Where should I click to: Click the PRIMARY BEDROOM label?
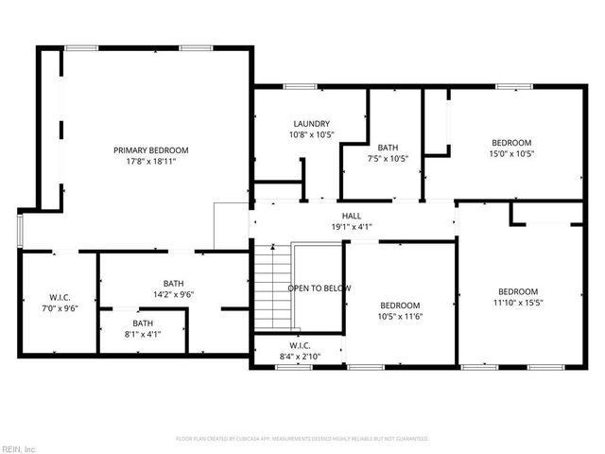pyautogui.click(x=151, y=150)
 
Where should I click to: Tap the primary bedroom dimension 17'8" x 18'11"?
pyautogui.click(x=151, y=162)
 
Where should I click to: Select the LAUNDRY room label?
pyautogui.click(x=312, y=124)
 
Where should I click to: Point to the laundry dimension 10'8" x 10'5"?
pyautogui.click(x=312, y=134)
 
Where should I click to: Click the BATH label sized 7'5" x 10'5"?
pyautogui.click(x=388, y=148)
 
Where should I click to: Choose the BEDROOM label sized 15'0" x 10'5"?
pyautogui.click(x=510, y=142)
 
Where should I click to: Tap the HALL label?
pyautogui.click(x=352, y=216)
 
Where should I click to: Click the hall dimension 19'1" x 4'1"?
pyautogui.click(x=352, y=227)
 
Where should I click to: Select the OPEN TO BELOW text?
pyautogui.click(x=320, y=288)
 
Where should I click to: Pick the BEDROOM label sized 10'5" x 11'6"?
pyautogui.click(x=400, y=305)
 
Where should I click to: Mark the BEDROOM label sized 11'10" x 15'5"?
pyautogui.click(x=518, y=291)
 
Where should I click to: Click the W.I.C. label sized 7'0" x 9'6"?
pyautogui.click(x=60, y=297)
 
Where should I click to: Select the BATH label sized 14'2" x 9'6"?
pyautogui.click(x=173, y=283)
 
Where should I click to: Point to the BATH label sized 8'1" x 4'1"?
pyautogui.click(x=143, y=323)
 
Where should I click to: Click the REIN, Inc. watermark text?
pyautogui.click(x=19, y=447)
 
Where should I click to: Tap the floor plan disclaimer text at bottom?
pyautogui.click(x=302, y=439)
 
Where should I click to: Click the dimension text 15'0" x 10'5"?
pyautogui.click(x=510, y=153)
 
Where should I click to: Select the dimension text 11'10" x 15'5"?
pyautogui.click(x=518, y=303)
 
